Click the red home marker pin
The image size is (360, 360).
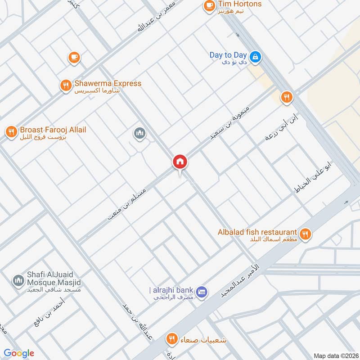tap(180, 162)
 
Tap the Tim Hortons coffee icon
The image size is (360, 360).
tap(209, 5)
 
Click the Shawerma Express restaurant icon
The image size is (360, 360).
tap(66, 85)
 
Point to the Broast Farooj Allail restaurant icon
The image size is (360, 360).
tap(11, 131)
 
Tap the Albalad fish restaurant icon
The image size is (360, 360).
tap(306, 234)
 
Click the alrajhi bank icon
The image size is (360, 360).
tap(202, 291)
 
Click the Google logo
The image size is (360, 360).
tap(19, 353)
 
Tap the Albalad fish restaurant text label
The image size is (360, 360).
tap(257, 231)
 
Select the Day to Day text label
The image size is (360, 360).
tap(228, 55)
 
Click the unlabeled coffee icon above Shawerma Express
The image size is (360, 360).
tap(74, 57)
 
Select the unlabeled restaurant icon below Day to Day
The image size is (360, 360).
tap(286, 97)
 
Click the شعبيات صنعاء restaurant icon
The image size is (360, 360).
tap(171, 338)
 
